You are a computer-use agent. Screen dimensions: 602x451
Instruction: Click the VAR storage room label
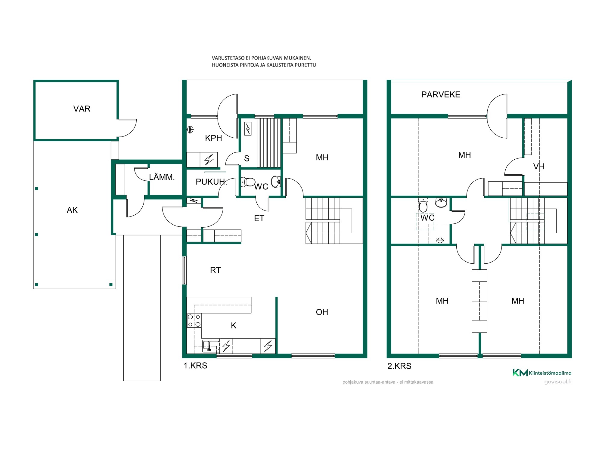coord(82,109)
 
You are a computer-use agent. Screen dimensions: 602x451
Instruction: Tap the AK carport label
coord(72,210)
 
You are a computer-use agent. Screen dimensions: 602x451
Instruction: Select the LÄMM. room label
coord(162,177)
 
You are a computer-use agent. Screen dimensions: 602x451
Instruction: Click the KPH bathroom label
coord(213,138)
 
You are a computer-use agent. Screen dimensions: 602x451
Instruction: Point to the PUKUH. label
coord(211,182)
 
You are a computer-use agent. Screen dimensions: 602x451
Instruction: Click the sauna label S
coord(247,158)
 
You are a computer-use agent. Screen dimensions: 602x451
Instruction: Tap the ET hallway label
coord(259,219)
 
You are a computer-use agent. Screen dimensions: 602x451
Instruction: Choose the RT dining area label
coord(216,270)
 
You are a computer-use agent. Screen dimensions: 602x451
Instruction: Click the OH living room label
coord(322,312)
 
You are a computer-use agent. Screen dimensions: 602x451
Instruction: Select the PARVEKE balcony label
coord(441,95)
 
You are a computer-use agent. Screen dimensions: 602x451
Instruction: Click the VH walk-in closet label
coord(539,167)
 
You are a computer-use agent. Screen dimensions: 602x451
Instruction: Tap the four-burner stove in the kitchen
coord(194,321)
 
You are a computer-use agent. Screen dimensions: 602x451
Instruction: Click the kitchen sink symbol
coord(211,346)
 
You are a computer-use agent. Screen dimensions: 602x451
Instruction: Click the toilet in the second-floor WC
coord(423,205)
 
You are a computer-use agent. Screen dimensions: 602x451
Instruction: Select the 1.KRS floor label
coord(195,366)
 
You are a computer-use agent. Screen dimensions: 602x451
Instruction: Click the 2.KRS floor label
coord(399,366)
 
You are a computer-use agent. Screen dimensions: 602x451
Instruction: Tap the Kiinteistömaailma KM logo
coord(542,373)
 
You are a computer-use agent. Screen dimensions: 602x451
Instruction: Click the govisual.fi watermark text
coord(558,382)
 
